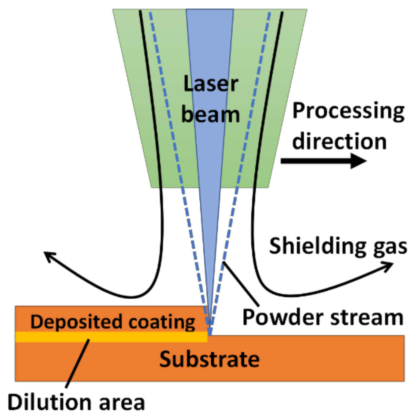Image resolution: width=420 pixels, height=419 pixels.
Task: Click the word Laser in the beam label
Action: pos(211,84)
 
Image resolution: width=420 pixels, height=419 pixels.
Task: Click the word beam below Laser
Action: pos(211,114)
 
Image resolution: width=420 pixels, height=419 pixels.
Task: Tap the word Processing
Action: pos(348,111)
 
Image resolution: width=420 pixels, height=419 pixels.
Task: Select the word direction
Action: pos(339,141)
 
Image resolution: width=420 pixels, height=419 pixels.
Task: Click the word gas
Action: pos(390,247)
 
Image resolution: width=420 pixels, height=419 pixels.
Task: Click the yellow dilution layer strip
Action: pos(132,337)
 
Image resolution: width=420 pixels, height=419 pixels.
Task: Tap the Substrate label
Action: pos(209,359)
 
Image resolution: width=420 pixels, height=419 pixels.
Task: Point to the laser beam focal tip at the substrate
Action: pos(210,332)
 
